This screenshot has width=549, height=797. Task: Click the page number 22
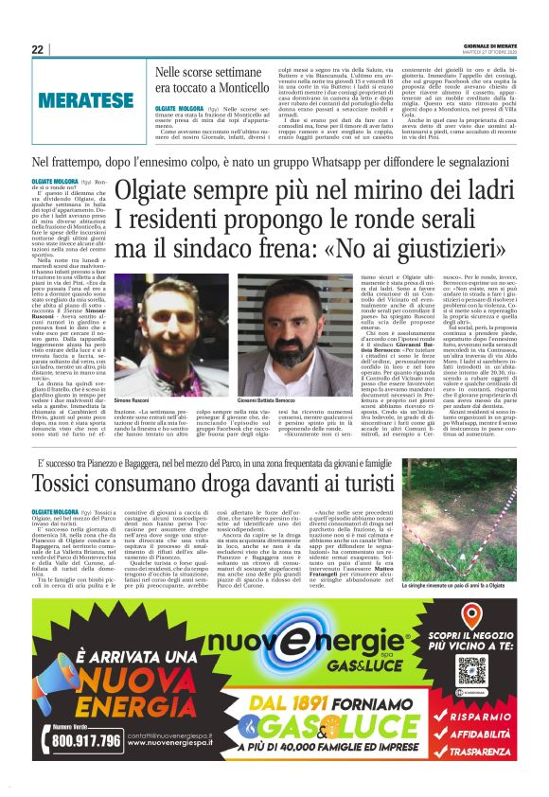point(38,50)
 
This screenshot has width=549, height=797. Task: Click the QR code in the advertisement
point(469,643)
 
